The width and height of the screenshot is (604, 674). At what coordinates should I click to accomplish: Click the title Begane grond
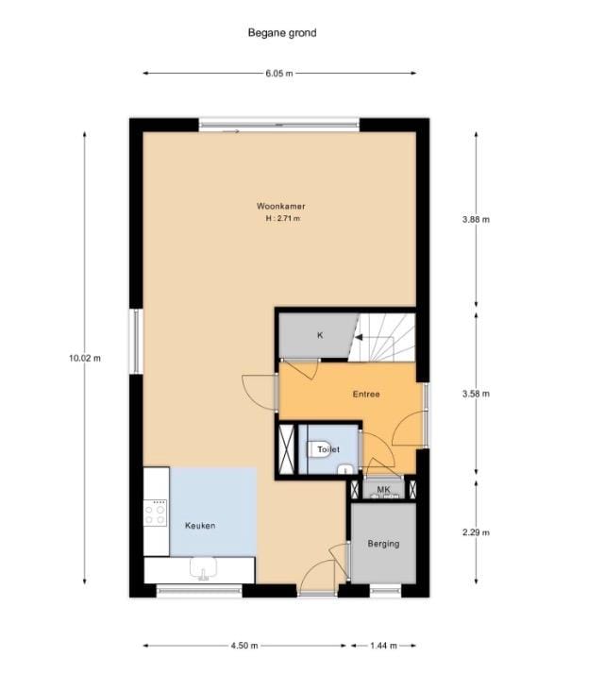[282, 33]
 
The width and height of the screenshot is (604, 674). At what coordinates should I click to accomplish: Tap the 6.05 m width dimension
[279, 73]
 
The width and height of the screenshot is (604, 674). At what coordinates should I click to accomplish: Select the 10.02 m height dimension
[85, 358]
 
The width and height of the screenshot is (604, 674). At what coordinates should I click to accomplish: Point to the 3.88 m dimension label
[476, 219]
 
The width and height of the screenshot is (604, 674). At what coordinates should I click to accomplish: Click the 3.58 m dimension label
[476, 394]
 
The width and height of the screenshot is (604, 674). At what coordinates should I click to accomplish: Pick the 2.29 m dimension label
[476, 532]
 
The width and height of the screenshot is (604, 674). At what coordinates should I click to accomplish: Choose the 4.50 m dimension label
[244, 645]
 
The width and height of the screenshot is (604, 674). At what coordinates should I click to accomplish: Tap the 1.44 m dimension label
[383, 645]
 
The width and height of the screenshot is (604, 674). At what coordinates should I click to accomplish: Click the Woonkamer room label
[281, 207]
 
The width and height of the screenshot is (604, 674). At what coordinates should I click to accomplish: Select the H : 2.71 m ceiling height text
[283, 218]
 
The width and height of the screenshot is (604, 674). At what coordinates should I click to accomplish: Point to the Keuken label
[200, 525]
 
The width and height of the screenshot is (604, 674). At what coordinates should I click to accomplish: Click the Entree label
[366, 394]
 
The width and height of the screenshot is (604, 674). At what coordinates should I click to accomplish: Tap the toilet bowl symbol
[319, 449]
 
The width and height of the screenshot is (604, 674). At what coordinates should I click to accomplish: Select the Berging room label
[383, 544]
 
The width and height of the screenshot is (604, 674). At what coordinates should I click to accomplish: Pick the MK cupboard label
[383, 489]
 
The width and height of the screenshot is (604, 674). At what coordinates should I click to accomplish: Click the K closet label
[320, 335]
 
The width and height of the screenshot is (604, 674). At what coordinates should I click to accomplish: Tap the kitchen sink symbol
[203, 568]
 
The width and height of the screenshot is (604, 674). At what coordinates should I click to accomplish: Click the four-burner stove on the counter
[155, 513]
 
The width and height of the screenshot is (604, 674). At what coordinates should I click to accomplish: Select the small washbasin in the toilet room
[344, 469]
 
